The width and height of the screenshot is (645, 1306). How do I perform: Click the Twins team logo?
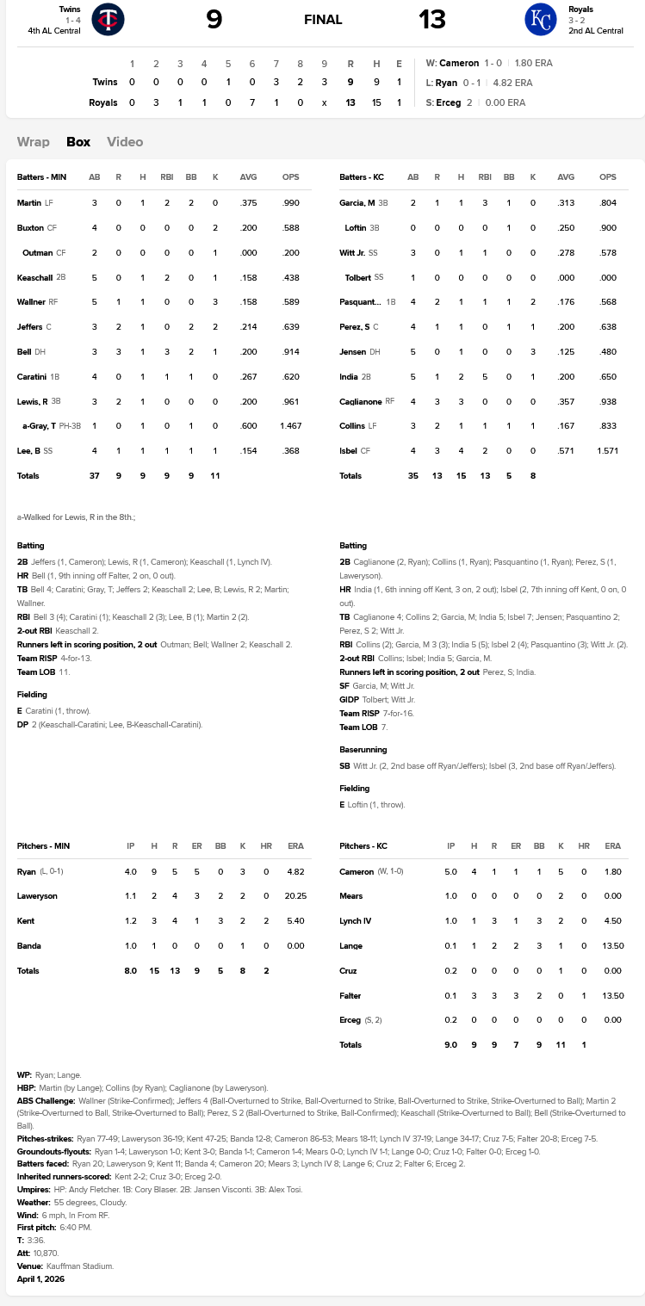pos(108,20)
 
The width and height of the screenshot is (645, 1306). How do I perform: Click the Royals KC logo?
pos(541,20)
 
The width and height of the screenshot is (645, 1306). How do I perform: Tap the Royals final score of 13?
pos(432,19)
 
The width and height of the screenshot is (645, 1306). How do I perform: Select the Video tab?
pos(125,142)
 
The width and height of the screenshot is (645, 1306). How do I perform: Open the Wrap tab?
pos(34,142)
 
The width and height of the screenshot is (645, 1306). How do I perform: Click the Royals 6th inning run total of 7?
pos(252,102)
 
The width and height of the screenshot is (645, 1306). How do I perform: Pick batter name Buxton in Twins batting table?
pos(30,228)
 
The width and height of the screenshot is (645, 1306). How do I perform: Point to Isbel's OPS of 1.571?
pos(607,450)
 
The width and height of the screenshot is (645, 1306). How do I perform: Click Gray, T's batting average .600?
pos(249,426)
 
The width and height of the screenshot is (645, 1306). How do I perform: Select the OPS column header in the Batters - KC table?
pos(608,177)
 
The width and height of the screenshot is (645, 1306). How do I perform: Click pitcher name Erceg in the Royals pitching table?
pos(351,1020)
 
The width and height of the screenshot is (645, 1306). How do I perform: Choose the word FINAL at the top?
pos(323,20)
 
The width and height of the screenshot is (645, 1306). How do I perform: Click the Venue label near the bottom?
pos(30,1266)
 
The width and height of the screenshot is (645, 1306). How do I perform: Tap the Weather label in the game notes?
pos(33,1201)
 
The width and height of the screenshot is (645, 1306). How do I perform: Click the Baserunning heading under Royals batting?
pos(363,750)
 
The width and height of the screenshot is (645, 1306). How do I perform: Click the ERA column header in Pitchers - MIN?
pos(291,846)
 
